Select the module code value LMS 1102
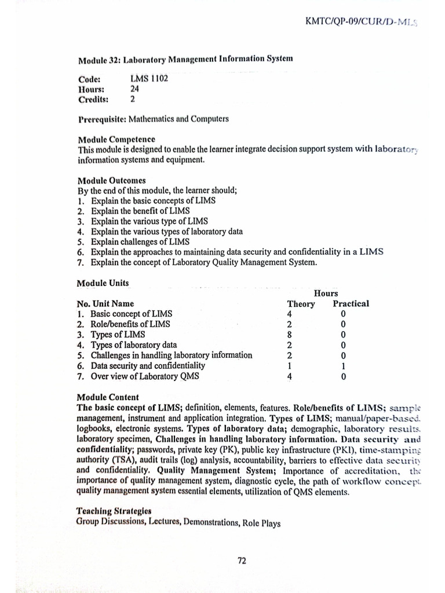149,79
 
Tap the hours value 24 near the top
136,89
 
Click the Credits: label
93,100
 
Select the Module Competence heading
116,140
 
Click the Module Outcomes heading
112,180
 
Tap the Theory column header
301,304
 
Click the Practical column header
351,303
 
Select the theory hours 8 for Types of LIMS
289,335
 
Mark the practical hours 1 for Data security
344,366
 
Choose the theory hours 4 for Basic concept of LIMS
289,314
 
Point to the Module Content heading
108,397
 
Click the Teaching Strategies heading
114,511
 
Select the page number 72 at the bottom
243,561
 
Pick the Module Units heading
103,283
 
